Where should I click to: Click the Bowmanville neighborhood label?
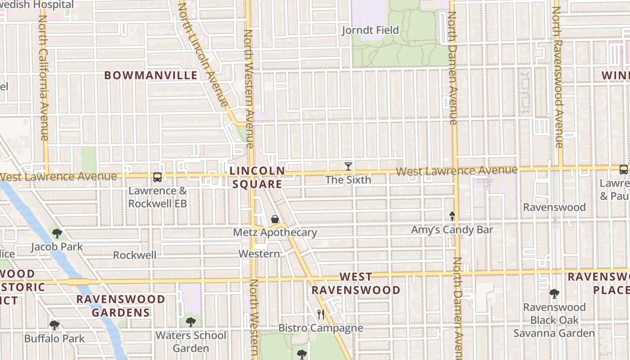[151, 75]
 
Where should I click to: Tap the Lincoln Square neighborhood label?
[257, 177]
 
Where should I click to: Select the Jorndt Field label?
[370, 30]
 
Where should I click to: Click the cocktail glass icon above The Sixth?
[348, 166]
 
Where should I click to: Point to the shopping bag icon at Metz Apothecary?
[275, 219]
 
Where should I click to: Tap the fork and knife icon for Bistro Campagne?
[321, 314]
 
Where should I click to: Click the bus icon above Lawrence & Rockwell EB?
[157, 177]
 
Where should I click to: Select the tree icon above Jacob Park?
[57, 233]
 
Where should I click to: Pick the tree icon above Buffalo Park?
[54, 325]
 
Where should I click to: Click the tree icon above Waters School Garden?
[191, 322]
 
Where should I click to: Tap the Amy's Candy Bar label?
[452, 230]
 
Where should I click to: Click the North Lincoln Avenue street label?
[203, 54]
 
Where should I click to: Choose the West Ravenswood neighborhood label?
[356, 283]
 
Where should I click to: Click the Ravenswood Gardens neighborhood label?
[121, 306]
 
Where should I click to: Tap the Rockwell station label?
[135, 255]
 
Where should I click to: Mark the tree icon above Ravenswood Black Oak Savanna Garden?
[554, 294]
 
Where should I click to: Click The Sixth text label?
[348, 180]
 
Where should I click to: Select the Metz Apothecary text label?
[275, 233]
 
